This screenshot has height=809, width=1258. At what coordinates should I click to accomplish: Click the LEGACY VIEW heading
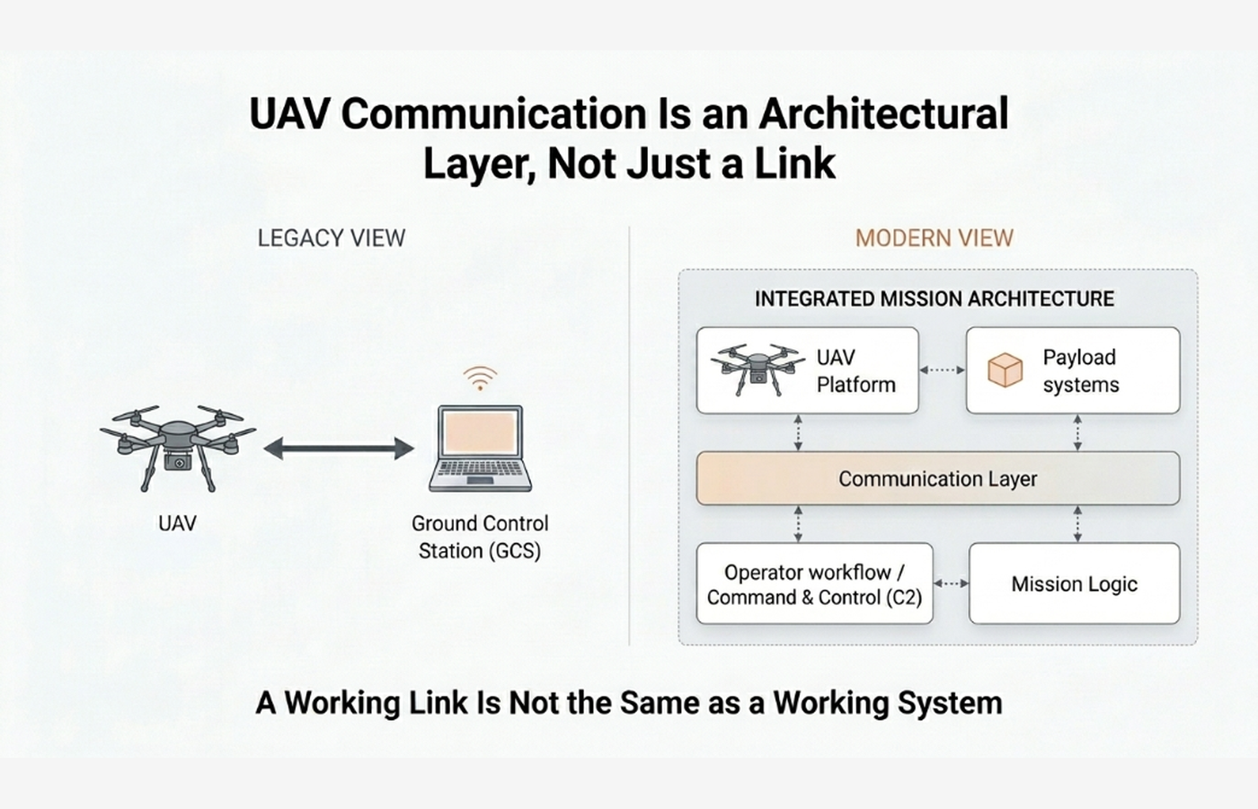pos(331,238)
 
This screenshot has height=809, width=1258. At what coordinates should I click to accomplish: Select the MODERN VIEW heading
pos(934,238)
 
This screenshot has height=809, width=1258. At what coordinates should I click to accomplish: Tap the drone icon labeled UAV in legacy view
pos(178,447)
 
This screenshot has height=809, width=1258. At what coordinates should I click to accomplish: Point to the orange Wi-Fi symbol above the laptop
pos(480,378)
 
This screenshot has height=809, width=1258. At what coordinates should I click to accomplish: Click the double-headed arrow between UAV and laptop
pos(339,449)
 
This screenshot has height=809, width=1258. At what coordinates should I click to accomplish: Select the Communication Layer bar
pos(937,479)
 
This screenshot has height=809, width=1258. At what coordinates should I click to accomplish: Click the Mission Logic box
pos(1074,584)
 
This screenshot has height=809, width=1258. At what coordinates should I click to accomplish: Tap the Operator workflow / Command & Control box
pos(814,584)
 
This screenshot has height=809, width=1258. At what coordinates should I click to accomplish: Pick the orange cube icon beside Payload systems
pos(1005,370)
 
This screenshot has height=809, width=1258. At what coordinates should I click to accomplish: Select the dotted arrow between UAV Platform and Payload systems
pos(942,369)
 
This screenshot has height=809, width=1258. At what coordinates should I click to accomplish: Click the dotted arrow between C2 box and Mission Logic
pos(951,584)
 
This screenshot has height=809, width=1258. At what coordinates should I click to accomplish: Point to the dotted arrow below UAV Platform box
pos(798,432)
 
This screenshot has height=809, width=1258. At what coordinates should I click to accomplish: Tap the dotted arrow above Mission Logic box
pos(1077,524)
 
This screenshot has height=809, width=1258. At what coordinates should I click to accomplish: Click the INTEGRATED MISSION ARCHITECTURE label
pos(934,299)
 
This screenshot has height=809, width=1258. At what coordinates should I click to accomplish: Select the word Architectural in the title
pos(883,114)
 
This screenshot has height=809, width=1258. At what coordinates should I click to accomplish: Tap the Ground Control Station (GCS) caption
pos(480,537)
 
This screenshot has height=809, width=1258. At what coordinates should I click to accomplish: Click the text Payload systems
pos(1080,370)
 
